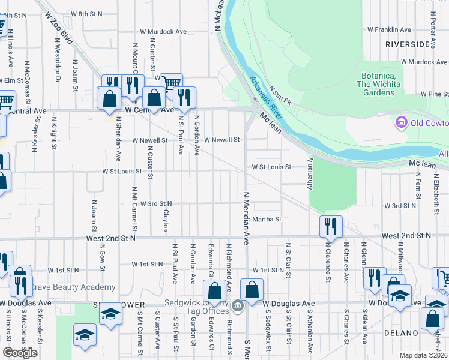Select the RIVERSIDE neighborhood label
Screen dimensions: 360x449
[408, 44]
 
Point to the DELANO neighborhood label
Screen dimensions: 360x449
[400, 332]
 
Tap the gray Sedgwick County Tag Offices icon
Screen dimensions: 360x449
[238, 306]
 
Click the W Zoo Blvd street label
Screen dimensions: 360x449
[57, 31]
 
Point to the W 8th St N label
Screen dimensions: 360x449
[86, 13]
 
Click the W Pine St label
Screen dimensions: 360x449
[435, 94]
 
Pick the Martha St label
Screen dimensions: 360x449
[267, 220]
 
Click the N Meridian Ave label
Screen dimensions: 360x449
[246, 218]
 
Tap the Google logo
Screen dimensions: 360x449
[20, 353]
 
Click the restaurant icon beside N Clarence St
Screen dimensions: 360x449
[331, 226]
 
